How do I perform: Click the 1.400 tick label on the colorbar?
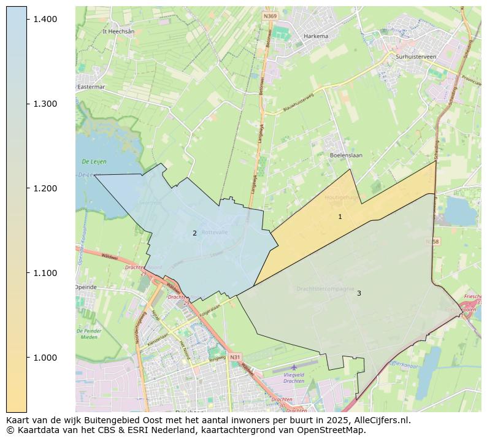click(46, 20)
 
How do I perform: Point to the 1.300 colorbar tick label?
click(46, 104)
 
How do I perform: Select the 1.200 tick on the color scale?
click(46, 188)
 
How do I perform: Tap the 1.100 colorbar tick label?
click(46, 273)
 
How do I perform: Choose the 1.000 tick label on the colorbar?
click(46, 358)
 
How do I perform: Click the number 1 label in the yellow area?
click(340, 217)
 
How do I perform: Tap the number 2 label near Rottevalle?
click(194, 233)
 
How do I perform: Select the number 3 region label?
click(359, 293)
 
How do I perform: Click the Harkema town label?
click(316, 36)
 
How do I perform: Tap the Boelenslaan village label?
click(346, 155)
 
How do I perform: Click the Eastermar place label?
click(91, 87)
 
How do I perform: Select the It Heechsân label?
click(118, 31)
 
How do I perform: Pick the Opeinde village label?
click(86, 287)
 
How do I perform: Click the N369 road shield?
click(269, 16)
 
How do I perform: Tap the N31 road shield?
click(236, 356)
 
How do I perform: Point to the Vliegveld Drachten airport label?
click(294, 377)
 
